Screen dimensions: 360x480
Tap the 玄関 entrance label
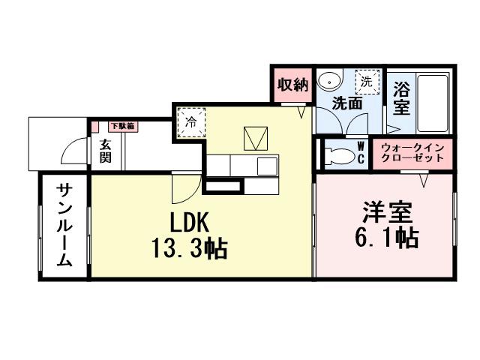pos(105,151)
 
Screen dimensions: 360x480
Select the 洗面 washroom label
pos(347,103)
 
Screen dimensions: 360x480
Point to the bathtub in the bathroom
pos(434,102)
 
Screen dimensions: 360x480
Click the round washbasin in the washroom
pos(328,81)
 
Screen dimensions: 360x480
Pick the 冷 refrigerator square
pos(190,123)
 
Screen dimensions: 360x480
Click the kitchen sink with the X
pos(254,137)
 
